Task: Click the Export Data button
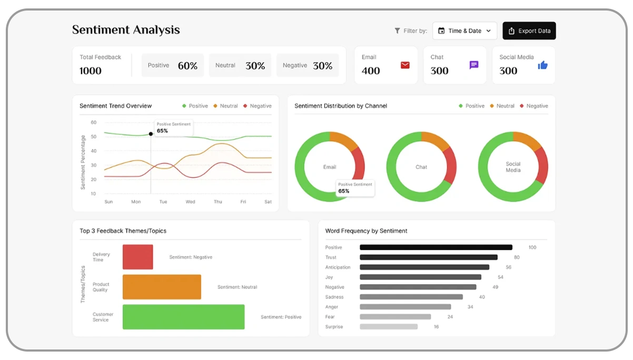click(529, 31)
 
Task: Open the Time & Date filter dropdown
click(464, 31)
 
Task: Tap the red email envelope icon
click(405, 65)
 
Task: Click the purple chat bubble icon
click(474, 65)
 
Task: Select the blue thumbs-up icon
click(542, 65)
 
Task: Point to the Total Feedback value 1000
click(91, 71)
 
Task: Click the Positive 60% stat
click(173, 66)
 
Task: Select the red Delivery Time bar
click(137, 257)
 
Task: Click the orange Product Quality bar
click(162, 287)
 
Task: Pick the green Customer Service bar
click(183, 317)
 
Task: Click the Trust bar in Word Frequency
click(428, 257)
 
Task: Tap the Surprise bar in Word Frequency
click(388, 327)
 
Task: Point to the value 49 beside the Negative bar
click(495, 287)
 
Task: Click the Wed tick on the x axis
click(190, 202)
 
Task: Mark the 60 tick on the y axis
click(94, 123)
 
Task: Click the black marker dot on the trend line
click(151, 134)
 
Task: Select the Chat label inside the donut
click(421, 167)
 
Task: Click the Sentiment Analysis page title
click(126, 30)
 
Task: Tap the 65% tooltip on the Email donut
click(355, 188)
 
